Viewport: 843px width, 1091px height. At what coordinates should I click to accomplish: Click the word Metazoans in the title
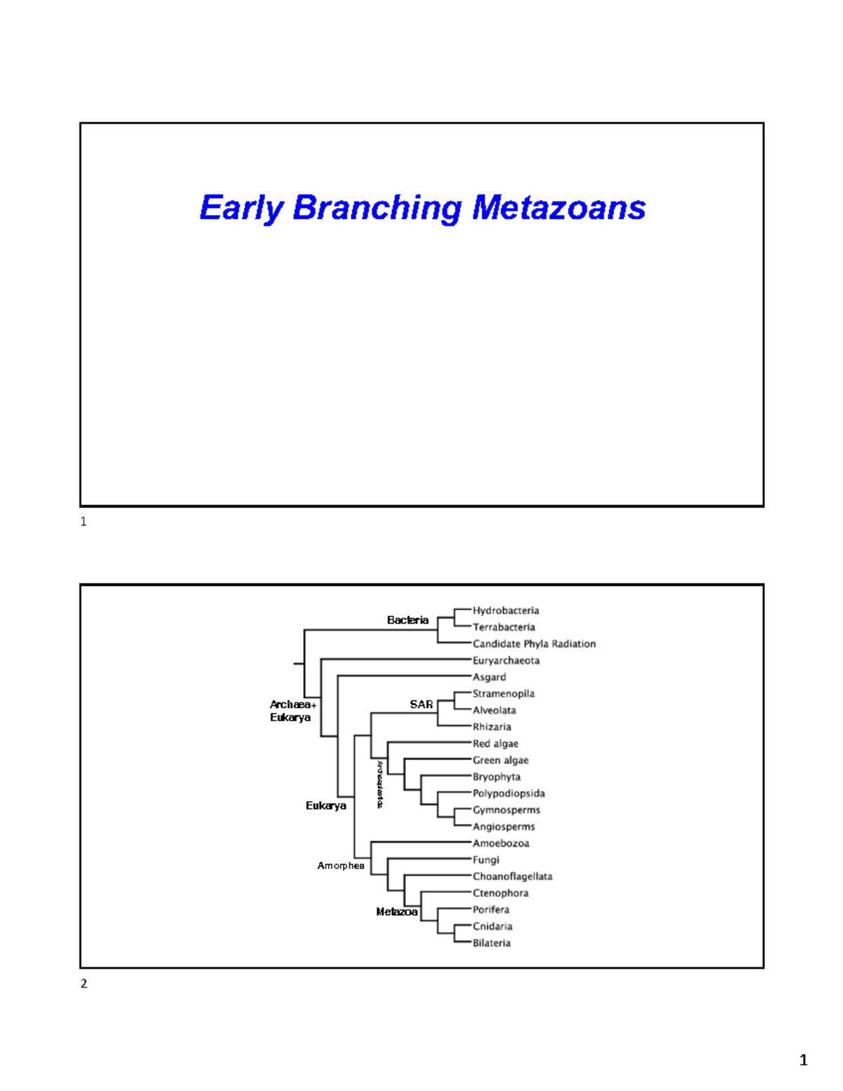558,208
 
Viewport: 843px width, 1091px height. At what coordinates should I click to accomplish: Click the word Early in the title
241,209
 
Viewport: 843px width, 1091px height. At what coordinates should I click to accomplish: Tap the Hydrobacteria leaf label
505,610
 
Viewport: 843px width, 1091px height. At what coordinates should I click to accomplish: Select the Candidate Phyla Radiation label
534,644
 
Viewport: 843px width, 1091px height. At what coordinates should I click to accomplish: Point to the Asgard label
489,677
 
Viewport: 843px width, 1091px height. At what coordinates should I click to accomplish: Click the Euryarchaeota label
506,660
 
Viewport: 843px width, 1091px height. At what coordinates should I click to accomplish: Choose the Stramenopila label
503,693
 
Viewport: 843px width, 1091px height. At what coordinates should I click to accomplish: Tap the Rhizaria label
492,727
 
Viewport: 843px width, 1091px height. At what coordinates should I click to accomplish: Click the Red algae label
495,743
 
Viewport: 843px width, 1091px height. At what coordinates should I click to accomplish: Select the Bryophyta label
496,777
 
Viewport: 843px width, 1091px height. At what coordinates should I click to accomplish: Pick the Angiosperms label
504,827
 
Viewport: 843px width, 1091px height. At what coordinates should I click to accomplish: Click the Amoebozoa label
501,843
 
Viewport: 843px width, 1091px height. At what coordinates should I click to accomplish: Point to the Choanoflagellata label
512,877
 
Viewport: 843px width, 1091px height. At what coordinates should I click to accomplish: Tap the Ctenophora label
500,893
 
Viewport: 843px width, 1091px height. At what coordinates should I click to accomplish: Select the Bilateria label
491,943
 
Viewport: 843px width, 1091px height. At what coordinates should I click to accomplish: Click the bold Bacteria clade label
407,620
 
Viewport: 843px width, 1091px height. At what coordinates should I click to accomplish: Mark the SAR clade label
421,704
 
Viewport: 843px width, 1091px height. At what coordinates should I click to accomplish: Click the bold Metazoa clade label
397,912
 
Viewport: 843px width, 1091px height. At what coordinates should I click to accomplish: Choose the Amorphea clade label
341,865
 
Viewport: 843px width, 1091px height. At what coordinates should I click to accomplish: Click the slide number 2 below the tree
84,984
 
